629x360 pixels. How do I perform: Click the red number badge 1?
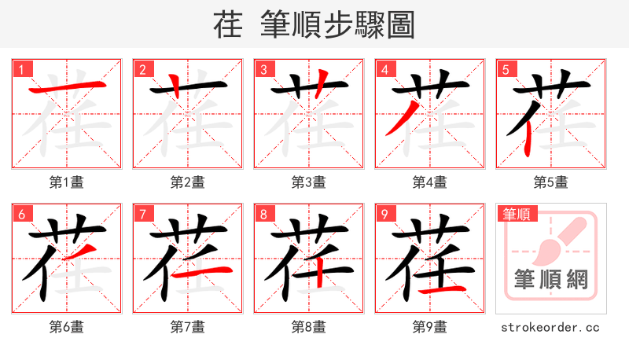(x=22, y=69)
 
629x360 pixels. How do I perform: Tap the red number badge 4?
(x=385, y=69)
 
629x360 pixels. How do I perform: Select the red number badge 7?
(x=143, y=214)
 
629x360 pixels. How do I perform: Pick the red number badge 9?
(x=385, y=214)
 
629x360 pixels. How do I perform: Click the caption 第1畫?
(x=66, y=182)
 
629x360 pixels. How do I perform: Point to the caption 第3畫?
(x=308, y=182)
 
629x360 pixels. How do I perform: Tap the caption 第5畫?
(x=550, y=182)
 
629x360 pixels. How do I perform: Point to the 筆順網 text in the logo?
(x=550, y=279)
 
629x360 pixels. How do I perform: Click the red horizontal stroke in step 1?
(x=67, y=85)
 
